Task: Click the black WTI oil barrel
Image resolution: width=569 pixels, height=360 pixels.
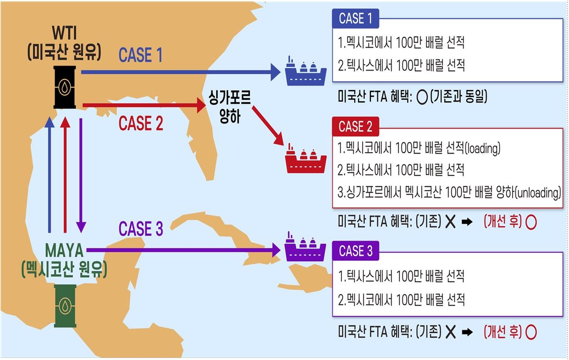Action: point(64,87)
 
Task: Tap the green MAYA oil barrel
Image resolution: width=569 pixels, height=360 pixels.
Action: point(65,305)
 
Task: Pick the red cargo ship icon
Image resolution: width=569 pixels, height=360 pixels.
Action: point(306,158)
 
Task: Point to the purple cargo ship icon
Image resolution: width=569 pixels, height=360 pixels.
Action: point(305,247)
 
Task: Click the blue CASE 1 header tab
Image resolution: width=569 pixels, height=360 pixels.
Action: point(355,18)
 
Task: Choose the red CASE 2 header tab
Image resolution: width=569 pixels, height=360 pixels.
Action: point(355,126)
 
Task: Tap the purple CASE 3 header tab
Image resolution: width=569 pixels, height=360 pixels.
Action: point(355,251)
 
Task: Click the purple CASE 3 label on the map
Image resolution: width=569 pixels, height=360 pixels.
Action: point(141,229)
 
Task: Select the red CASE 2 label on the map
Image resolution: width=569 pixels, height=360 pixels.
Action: point(141,123)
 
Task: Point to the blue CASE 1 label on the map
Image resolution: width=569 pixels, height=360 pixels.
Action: point(140,55)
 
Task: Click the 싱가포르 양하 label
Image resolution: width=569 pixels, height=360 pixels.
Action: point(229,107)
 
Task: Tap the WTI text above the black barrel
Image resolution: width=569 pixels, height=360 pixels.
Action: point(64,33)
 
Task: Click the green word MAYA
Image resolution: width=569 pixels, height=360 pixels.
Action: point(64,250)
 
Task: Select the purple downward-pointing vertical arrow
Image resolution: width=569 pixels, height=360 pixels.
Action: point(81,175)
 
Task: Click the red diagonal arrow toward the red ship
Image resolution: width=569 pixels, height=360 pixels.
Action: point(268,126)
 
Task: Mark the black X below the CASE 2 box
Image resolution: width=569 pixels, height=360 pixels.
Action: point(450,222)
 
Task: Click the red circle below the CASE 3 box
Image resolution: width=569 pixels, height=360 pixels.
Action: point(531,332)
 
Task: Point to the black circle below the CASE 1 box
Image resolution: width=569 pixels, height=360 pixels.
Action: point(422,98)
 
